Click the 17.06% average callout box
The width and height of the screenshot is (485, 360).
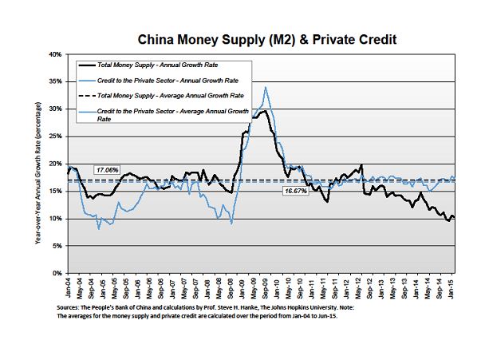pyautogui.click(x=107, y=170)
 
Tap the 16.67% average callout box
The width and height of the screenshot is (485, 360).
pyautogui.click(x=295, y=192)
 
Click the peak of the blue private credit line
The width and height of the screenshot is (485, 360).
pyautogui.click(x=265, y=87)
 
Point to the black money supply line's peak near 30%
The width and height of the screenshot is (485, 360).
pyautogui.click(x=262, y=111)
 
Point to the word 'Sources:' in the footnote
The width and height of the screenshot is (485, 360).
pyautogui.click(x=71, y=307)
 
